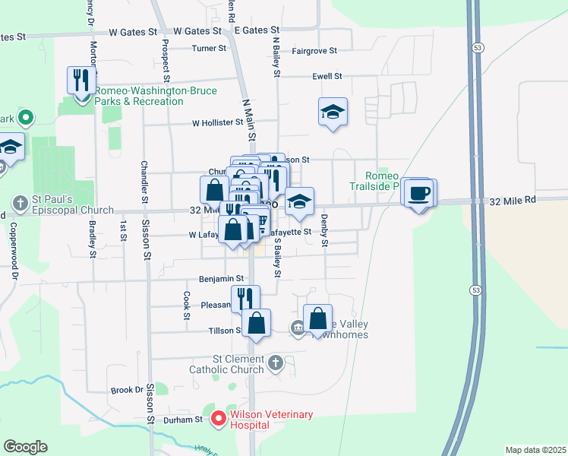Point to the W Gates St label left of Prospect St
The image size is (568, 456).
click(132, 33)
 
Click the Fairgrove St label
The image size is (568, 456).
click(314, 51)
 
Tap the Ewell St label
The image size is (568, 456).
click(328, 77)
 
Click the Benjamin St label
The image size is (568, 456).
click(222, 280)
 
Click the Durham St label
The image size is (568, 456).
click(185, 419)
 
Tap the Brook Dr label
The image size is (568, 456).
click(127, 390)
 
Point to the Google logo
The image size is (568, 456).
click(25, 447)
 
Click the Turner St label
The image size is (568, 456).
click(209, 48)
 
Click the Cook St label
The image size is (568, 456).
click(185, 306)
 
